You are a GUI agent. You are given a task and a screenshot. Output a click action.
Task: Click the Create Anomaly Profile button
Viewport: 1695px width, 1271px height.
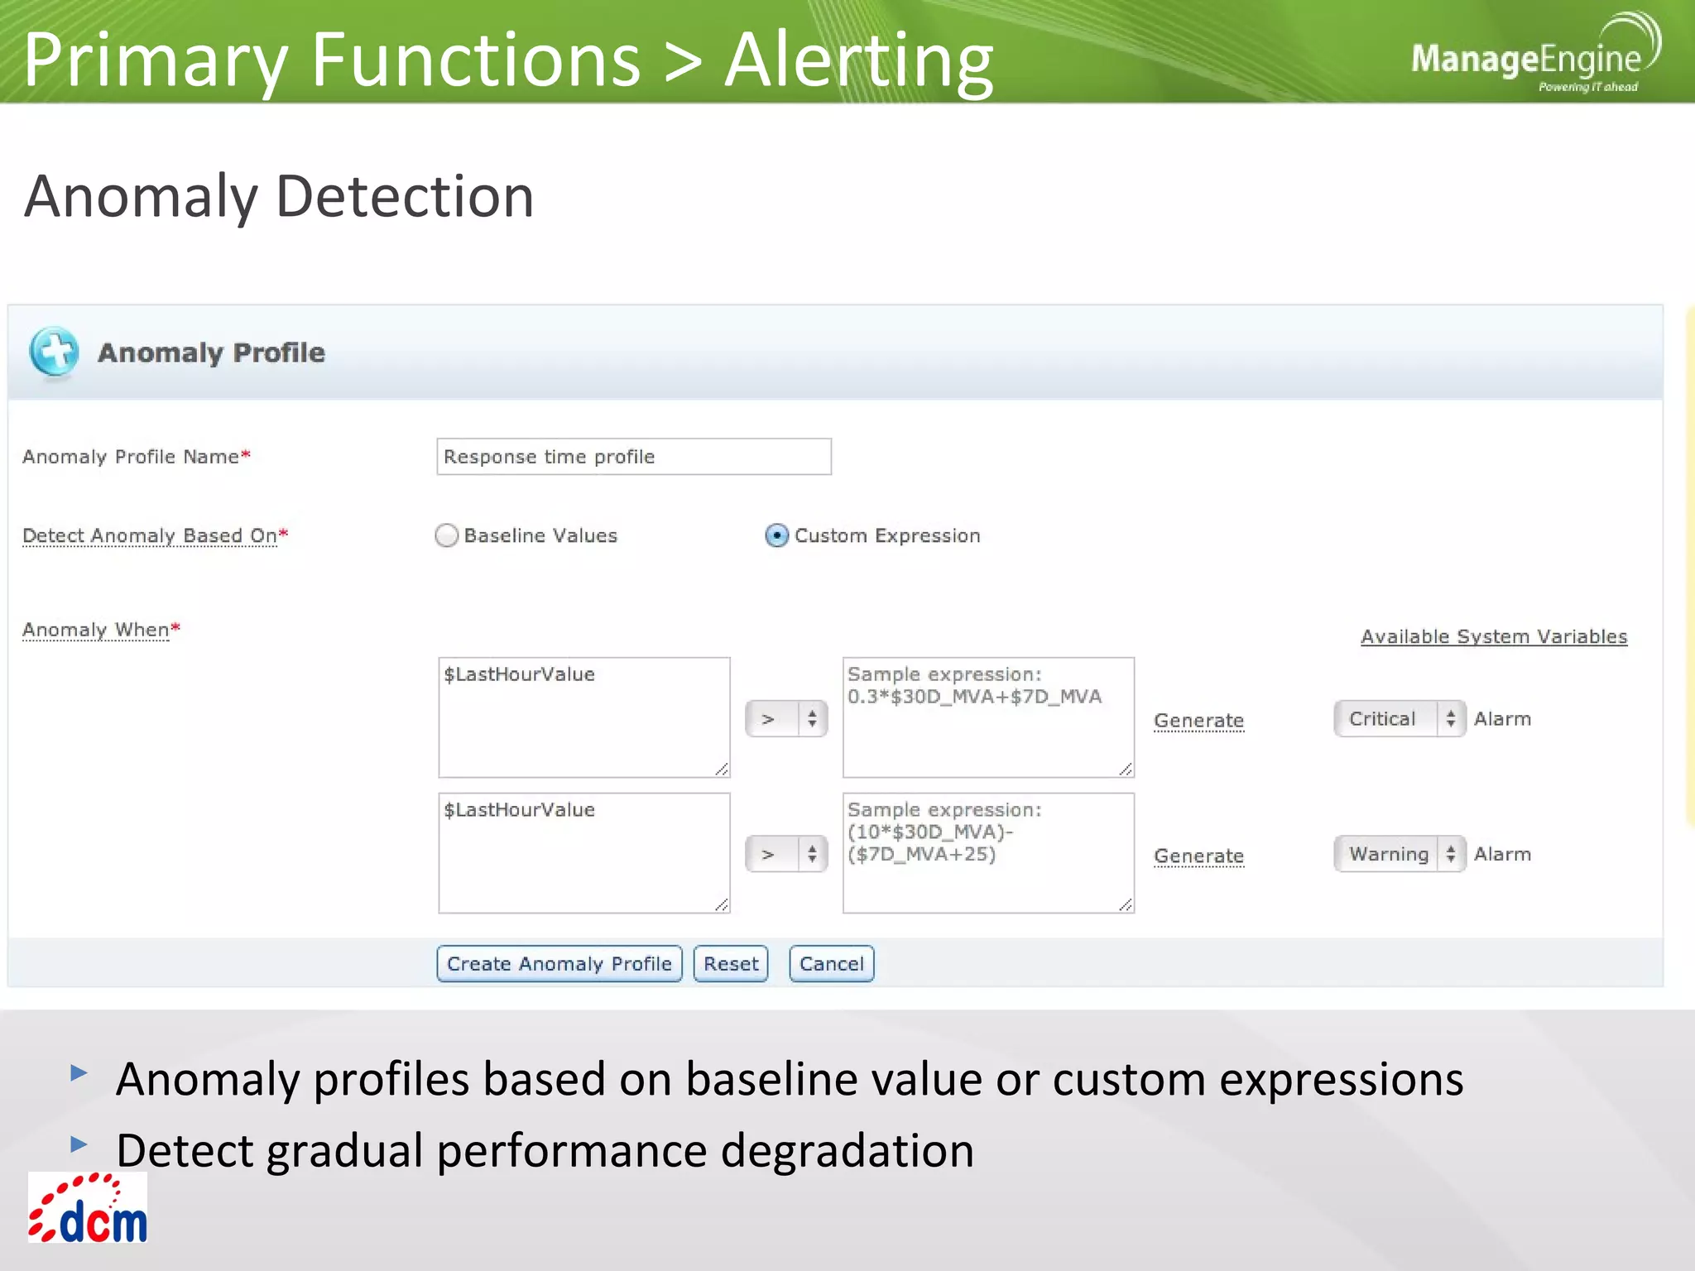coord(559,964)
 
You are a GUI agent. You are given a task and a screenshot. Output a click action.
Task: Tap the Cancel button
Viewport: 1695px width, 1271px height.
coord(831,964)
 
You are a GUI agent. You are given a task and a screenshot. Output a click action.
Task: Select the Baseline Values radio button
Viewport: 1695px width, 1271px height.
coord(447,536)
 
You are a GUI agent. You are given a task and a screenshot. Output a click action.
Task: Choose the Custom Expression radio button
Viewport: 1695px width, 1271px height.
coord(776,536)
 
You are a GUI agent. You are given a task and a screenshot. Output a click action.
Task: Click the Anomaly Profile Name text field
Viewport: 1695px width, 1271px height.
coord(633,457)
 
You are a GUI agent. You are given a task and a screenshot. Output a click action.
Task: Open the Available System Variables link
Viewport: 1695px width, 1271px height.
coord(1493,636)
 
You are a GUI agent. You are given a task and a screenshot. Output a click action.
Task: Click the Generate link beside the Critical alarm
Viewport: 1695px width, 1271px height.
coord(1198,720)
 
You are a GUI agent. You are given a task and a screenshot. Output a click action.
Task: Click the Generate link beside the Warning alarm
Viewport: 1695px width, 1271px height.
coord(1198,856)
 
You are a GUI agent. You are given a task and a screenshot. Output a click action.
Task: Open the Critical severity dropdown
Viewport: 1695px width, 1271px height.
coord(1399,718)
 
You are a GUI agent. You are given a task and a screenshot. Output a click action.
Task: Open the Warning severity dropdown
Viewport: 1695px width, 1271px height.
coord(1399,854)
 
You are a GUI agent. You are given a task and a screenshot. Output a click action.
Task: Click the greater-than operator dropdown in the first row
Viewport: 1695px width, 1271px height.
coord(785,719)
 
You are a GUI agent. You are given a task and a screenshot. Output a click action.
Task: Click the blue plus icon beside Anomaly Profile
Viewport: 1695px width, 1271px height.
coord(54,352)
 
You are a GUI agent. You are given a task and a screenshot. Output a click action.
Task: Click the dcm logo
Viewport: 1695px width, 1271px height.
coord(88,1209)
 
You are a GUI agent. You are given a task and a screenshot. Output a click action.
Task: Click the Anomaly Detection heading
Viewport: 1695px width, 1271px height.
coord(279,196)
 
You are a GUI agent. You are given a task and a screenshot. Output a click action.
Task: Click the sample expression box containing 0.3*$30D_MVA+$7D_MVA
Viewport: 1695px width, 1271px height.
coord(987,717)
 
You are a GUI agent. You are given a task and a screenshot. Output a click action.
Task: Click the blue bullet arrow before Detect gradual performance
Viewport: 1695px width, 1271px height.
coord(79,1144)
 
